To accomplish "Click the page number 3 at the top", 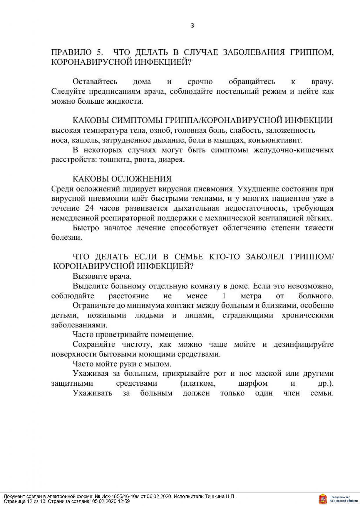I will (192, 26).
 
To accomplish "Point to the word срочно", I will (200, 82).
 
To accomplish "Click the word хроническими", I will (307, 315).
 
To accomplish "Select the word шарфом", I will (253, 383).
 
